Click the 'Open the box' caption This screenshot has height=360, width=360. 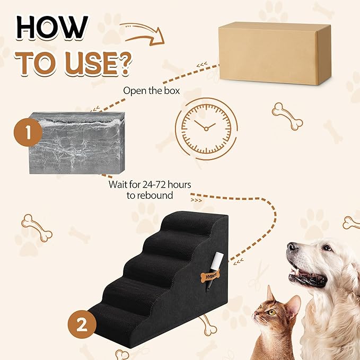pos(151,90)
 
